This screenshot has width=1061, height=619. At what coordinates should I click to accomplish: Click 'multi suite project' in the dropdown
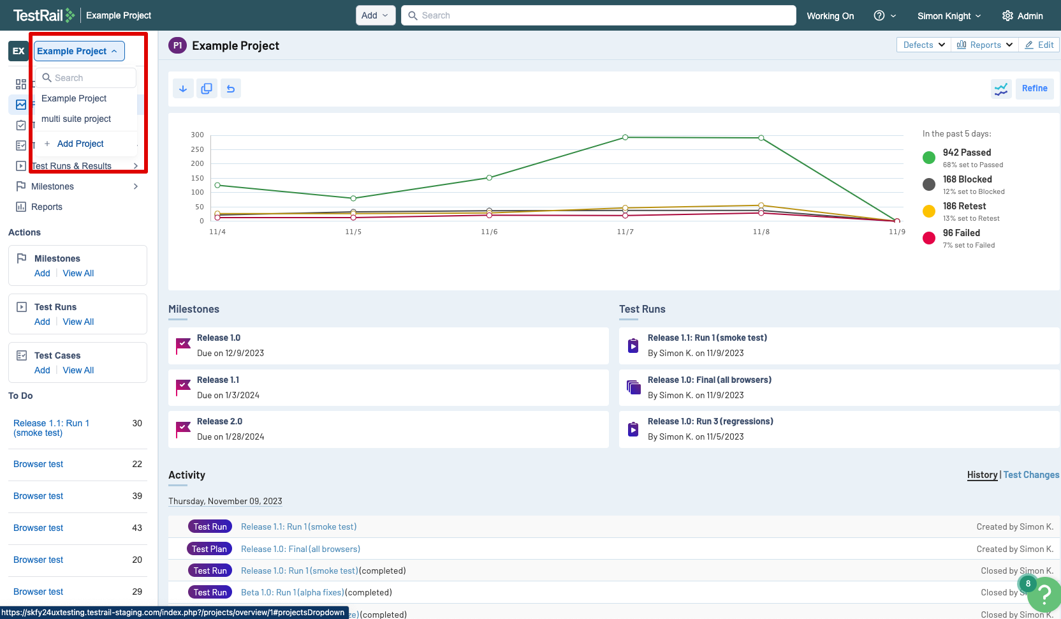click(x=76, y=119)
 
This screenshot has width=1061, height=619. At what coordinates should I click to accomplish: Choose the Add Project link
click(x=80, y=144)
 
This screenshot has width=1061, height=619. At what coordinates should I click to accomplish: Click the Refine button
click(x=1034, y=89)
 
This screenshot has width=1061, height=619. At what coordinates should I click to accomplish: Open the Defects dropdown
click(x=923, y=45)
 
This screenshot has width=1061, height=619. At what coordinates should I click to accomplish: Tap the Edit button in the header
click(x=1039, y=45)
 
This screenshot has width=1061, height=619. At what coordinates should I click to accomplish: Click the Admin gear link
click(x=1022, y=15)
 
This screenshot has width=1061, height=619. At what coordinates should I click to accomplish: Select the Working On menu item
click(x=830, y=15)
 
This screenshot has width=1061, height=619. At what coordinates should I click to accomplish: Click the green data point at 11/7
click(x=625, y=137)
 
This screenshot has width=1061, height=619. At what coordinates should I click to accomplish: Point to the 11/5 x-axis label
click(x=353, y=232)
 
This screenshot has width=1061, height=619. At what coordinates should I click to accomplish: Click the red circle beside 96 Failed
click(x=929, y=238)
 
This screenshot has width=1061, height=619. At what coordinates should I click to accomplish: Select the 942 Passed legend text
click(x=967, y=153)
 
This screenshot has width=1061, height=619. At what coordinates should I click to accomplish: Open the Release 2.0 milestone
click(x=219, y=421)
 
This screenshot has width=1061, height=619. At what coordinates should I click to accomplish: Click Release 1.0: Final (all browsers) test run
click(x=709, y=380)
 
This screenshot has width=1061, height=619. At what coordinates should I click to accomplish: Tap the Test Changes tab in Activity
click(x=1030, y=475)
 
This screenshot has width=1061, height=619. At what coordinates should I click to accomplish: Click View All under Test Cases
click(x=78, y=370)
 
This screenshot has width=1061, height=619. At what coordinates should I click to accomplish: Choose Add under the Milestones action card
click(x=42, y=273)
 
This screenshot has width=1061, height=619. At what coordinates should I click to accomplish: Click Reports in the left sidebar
click(x=47, y=207)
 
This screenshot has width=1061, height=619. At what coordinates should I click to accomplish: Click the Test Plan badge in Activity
click(x=209, y=549)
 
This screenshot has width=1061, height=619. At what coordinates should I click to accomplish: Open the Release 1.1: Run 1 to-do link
click(x=51, y=428)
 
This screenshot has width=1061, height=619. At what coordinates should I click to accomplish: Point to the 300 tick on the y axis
click(x=197, y=135)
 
